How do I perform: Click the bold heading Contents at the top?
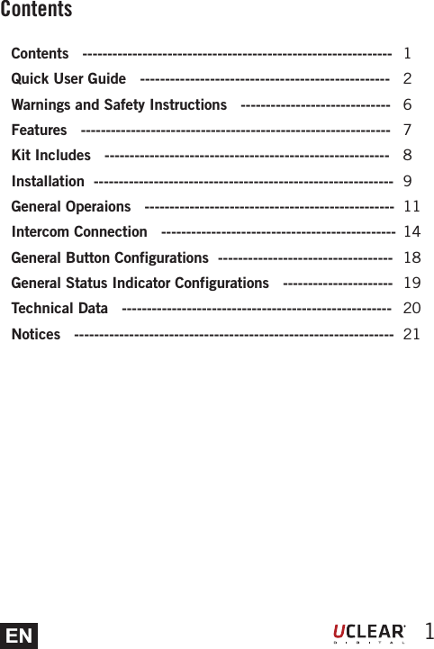(x=36, y=10)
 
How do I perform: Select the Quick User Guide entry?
(x=68, y=79)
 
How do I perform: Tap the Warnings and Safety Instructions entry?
(x=119, y=105)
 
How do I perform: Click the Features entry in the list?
(x=39, y=131)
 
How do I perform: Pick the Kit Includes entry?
(x=50, y=156)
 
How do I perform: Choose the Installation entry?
(x=48, y=182)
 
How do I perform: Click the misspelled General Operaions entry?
(x=70, y=207)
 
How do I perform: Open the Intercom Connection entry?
(x=79, y=232)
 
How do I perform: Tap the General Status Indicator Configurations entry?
(x=140, y=284)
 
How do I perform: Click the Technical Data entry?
(x=59, y=309)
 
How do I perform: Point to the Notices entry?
(x=36, y=335)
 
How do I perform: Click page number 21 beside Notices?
(x=411, y=335)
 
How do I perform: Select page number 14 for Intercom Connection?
(x=412, y=232)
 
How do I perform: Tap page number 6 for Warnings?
(x=408, y=105)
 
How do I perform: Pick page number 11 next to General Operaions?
(x=412, y=207)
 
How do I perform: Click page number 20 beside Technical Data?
(x=411, y=309)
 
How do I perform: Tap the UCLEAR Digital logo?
(x=369, y=633)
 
